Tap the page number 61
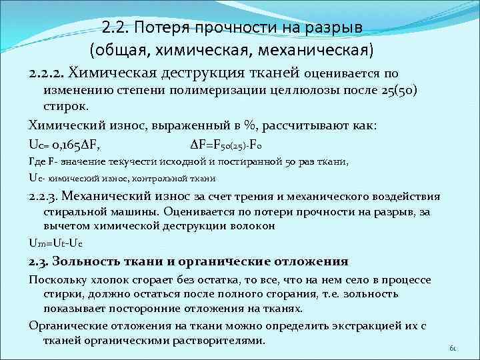coord(453,348)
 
